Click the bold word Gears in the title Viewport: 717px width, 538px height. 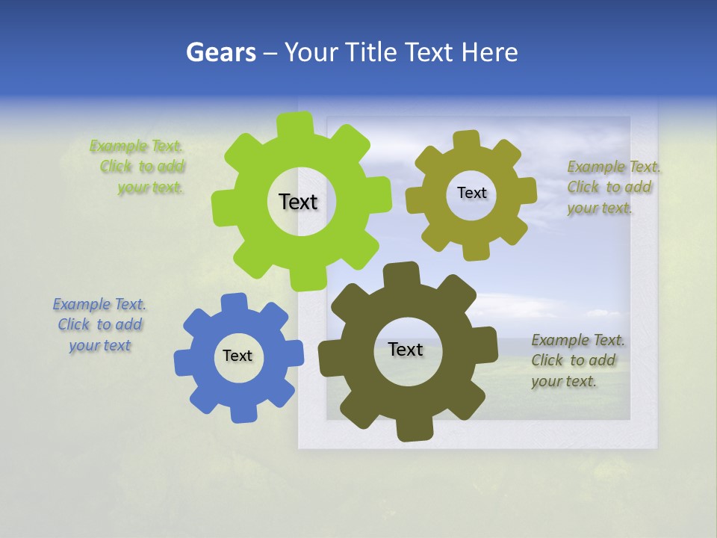click(x=220, y=52)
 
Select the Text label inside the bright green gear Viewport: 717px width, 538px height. click(x=298, y=202)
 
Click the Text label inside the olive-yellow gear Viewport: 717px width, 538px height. click(x=471, y=193)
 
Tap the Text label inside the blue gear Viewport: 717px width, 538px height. click(x=238, y=356)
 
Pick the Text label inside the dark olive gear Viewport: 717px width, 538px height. click(x=406, y=349)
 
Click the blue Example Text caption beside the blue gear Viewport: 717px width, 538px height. click(x=99, y=324)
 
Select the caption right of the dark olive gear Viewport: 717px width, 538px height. click(x=578, y=360)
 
